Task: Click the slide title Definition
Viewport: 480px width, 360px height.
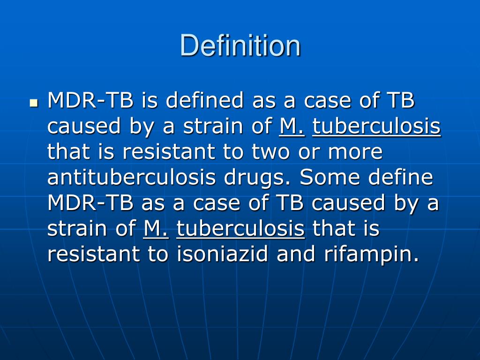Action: click(x=240, y=46)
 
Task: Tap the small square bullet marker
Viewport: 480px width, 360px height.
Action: click(x=33, y=102)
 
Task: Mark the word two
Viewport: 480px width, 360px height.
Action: click(x=272, y=152)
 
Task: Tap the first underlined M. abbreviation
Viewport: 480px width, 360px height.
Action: click(x=292, y=126)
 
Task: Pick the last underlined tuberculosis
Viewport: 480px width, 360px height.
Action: click(x=240, y=229)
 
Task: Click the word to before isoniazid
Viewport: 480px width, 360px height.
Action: click(x=157, y=254)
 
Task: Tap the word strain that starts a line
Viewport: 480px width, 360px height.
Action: click(x=78, y=229)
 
